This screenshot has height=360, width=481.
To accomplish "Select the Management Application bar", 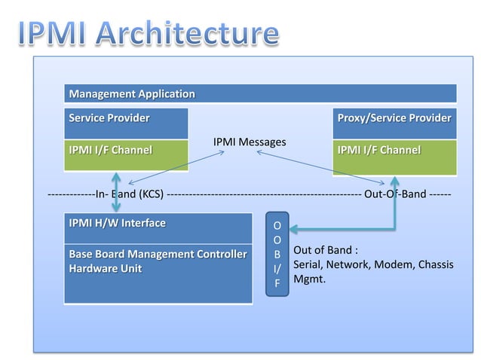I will pyautogui.click(x=260, y=94).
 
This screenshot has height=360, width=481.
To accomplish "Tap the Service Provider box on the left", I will pyautogui.click(x=126, y=123).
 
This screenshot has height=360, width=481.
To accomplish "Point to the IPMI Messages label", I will pyautogui.click(x=250, y=142).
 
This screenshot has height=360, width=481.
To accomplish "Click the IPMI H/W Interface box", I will pyautogui.click(x=158, y=228).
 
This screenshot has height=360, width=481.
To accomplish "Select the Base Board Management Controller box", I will pyautogui.click(x=158, y=273).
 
